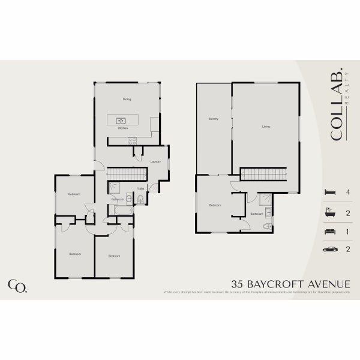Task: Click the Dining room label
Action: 127,100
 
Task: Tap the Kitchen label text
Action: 122,128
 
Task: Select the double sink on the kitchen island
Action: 120,121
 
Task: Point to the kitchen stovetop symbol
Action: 132,140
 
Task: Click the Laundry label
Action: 155,161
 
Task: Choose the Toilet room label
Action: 140,189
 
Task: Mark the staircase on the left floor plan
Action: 127,174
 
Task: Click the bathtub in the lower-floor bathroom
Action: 123,210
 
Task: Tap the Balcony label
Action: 213,119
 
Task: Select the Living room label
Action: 266,127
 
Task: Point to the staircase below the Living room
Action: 265,174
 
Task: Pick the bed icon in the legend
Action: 329,193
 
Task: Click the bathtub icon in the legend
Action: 329,212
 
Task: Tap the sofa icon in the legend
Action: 329,231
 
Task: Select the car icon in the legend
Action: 329,249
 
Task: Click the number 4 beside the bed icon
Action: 347,193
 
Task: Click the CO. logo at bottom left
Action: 17,286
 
